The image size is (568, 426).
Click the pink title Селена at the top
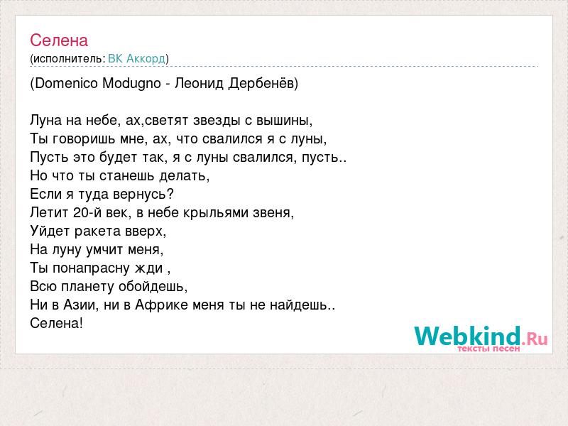click(59, 40)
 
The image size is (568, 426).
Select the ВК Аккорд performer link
click(137, 59)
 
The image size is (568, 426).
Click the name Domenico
click(67, 83)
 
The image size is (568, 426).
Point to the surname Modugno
click(131, 84)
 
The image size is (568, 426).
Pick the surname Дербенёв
click(261, 84)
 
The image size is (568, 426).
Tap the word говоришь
click(83, 139)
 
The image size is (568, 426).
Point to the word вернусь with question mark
click(143, 195)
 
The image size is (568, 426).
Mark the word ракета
click(97, 231)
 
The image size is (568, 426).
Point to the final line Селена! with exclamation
click(57, 324)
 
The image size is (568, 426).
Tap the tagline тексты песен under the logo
click(488, 349)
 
